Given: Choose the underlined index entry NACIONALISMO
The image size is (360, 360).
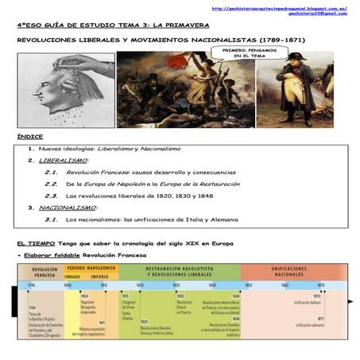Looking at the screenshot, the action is [x=68, y=207].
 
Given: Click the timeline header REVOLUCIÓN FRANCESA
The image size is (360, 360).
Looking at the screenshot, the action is [x=45, y=271].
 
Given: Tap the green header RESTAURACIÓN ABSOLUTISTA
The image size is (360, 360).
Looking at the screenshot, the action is [x=183, y=268].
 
